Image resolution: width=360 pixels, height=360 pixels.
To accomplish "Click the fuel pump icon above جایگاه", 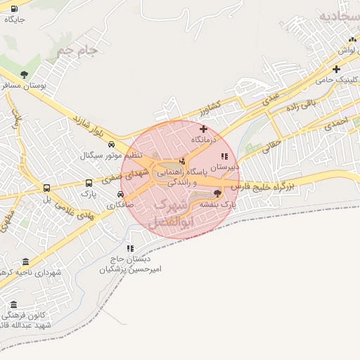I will tap(14, 9).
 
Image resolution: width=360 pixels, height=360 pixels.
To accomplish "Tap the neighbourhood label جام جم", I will tap(76, 51).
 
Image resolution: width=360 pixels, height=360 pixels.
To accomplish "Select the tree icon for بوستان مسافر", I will tap(25, 74).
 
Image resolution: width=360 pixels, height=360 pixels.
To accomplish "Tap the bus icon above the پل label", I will tap(47, 188).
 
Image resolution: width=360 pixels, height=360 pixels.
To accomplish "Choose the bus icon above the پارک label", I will tap(88, 181).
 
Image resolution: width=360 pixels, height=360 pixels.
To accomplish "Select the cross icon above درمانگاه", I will tap(203, 129).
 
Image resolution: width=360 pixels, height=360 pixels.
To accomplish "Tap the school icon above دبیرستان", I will tap(224, 157).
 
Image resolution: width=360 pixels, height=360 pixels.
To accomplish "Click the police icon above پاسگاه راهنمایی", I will tap(182, 162).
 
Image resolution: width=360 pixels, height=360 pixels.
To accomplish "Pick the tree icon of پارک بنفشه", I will tap(217, 193).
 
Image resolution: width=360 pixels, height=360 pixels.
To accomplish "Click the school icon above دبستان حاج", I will tap(130, 247).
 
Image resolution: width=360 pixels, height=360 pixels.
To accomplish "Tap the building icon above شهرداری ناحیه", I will tap(26, 262).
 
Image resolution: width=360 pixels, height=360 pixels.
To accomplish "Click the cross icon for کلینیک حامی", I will tap(337, 69).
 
